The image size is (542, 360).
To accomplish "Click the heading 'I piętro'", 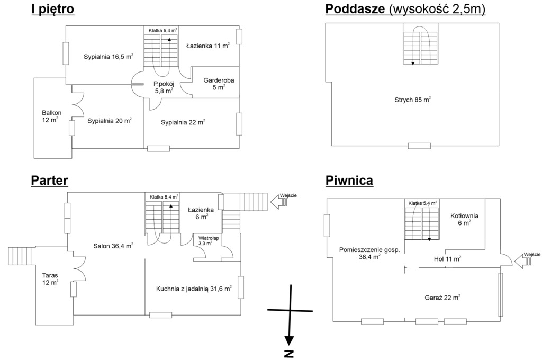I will tap(52, 10).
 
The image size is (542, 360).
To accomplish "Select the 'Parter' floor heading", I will tap(49, 181).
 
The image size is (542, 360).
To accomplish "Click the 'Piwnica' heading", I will tap(349, 181).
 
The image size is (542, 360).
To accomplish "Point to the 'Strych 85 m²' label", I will tap(412, 99).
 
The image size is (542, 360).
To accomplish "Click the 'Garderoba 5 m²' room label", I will tap(219, 84).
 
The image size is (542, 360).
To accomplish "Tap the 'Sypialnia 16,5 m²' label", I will tap(108, 57).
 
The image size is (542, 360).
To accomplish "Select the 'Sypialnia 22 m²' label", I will tap(183, 122).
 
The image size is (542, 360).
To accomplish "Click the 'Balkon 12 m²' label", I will tap(52, 116).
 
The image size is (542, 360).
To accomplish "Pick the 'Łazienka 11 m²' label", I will tap(208, 47).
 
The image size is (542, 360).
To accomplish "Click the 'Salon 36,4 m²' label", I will tap(113, 246).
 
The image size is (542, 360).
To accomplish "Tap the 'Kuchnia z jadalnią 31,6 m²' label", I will tap(194, 289).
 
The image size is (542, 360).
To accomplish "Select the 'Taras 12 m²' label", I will tap(51, 278).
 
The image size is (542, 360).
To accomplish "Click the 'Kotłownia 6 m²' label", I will tap(464, 219).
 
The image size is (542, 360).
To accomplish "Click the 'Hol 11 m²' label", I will tap(447, 259).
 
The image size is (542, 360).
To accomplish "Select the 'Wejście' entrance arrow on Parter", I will tap(279, 202).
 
